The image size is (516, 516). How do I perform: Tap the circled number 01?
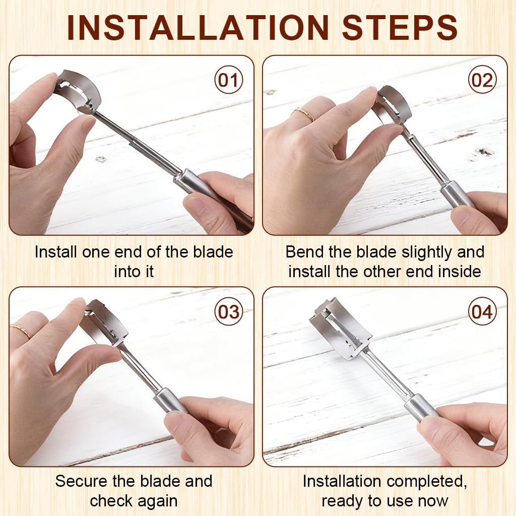(228, 80)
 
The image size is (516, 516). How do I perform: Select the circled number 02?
(482, 80)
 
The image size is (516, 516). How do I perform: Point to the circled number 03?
(228, 311)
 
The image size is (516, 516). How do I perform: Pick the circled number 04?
(482, 311)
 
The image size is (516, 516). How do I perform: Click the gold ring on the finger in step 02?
(303, 113)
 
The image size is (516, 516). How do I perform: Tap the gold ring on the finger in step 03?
(20, 331)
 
